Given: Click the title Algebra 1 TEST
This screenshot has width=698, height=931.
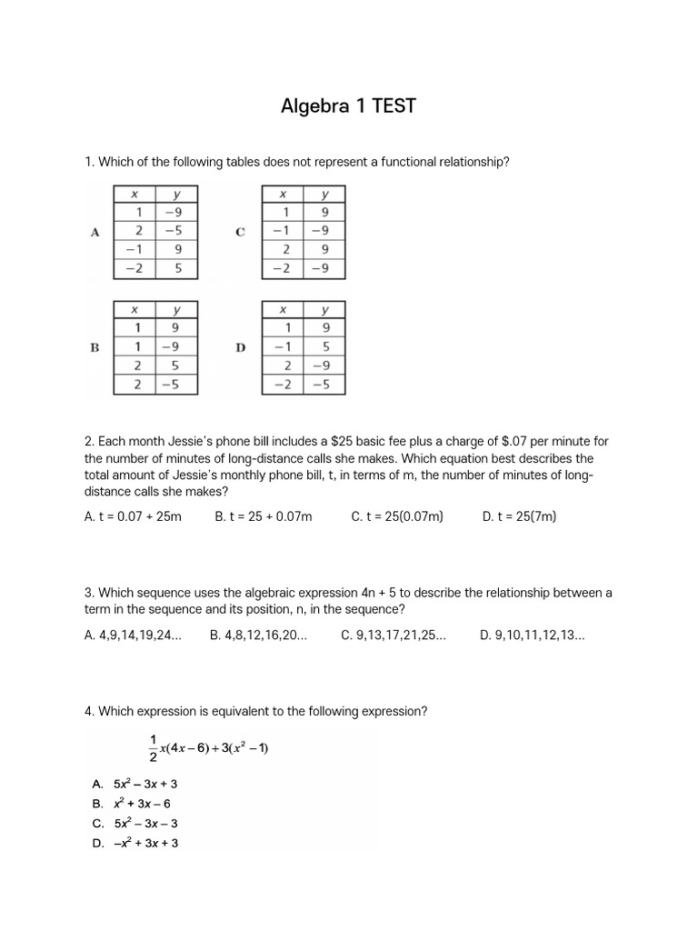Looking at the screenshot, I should coord(349,106).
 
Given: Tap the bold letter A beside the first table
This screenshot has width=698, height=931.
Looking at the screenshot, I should coord(95,232).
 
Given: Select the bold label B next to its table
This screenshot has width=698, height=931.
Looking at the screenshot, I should coord(95,347).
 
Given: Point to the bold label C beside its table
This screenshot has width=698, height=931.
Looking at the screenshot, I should coord(240,232).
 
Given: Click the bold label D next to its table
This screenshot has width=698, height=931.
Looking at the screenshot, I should coord(241,347).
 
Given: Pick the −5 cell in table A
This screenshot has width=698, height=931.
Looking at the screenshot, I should coord(175,231).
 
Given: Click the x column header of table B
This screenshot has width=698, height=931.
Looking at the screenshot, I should coord(134,308).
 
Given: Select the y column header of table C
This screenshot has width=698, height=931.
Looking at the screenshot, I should coord(324,194).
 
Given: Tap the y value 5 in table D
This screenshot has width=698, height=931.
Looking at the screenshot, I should coord(324,346).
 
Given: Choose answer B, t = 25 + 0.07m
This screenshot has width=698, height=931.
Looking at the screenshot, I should coord(263,516).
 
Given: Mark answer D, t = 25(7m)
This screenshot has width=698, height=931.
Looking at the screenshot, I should coord(519,516).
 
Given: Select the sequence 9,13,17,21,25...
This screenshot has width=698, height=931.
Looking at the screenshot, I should coord(394,636).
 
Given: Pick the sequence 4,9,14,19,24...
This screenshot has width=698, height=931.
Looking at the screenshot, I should coord(133,636).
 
